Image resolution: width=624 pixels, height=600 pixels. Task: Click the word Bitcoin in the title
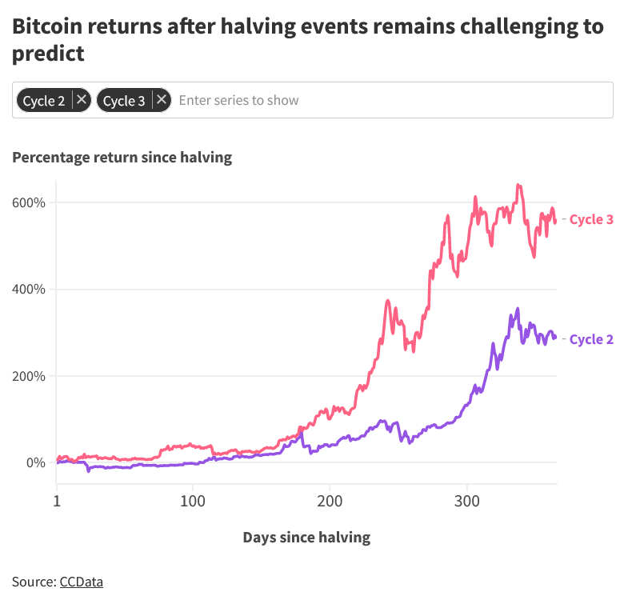point(50,26)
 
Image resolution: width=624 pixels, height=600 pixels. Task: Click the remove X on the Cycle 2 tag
point(82,100)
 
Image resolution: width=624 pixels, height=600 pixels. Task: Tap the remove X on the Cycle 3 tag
point(162,100)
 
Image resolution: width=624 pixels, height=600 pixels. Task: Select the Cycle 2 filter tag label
point(44,101)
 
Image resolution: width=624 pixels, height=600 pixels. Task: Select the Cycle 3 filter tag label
point(124,101)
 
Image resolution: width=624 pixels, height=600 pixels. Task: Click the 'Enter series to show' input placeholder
point(238,100)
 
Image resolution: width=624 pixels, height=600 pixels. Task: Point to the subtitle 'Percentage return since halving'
point(122,158)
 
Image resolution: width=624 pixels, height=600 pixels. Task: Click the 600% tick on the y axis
point(29,202)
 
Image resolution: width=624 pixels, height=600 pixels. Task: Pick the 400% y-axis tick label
point(29,290)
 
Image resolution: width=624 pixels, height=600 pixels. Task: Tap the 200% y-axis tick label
point(29,376)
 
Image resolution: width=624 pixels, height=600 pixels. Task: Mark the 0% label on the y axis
point(36,463)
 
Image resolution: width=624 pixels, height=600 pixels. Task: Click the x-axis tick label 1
point(57,502)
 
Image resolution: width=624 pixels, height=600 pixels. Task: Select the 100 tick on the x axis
point(192,502)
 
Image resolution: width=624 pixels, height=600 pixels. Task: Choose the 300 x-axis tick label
point(467,502)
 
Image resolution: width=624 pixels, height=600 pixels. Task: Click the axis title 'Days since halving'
point(306,537)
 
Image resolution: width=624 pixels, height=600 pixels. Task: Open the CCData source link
point(81,582)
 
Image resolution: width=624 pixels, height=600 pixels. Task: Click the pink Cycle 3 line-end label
point(590,219)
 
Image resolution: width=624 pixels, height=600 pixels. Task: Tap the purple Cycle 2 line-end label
point(590,339)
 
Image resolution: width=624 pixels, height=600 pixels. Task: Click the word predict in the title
point(48,54)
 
